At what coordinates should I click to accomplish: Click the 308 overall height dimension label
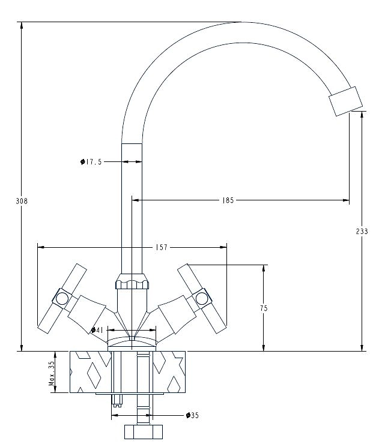click(22, 201)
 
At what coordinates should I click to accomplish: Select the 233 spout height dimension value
click(362, 231)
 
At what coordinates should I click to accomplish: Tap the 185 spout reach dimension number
click(228, 200)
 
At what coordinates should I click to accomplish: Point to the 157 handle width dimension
click(162, 247)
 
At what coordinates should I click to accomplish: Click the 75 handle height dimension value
click(264, 308)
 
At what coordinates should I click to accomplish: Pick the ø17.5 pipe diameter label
click(91, 162)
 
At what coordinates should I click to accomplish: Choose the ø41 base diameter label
click(97, 330)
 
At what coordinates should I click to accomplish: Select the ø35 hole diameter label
click(192, 415)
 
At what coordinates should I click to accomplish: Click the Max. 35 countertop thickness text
click(52, 373)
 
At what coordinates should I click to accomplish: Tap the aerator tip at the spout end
click(345, 101)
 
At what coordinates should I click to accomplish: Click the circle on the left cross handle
click(62, 298)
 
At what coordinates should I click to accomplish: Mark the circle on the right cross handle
click(201, 298)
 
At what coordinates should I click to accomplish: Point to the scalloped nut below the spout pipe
click(132, 281)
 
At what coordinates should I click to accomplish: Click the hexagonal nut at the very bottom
click(144, 432)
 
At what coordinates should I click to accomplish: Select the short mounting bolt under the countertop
click(117, 401)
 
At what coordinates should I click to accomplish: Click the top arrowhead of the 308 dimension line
click(22, 25)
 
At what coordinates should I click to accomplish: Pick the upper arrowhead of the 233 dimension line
click(362, 115)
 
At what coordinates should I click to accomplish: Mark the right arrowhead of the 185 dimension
click(346, 200)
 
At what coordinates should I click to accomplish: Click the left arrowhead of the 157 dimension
click(41, 247)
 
